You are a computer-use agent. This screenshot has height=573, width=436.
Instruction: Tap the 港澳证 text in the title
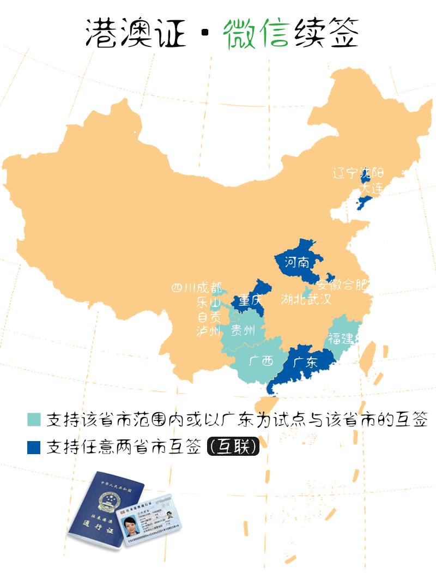pyautogui.click(x=136, y=34)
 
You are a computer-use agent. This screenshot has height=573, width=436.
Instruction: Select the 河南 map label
pyautogui.click(x=296, y=264)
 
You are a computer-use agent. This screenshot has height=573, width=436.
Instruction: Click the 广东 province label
pyautogui.click(x=305, y=363)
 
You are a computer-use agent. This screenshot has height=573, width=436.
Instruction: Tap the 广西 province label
pyautogui.click(x=261, y=360)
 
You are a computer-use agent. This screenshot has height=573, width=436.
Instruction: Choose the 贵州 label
pyautogui.click(x=243, y=330)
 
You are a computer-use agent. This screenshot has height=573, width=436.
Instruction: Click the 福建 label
pyautogui.click(x=341, y=338)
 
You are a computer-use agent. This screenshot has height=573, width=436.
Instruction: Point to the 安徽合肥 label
pyautogui.click(x=343, y=285)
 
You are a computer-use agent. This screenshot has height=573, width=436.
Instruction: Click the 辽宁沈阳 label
pyautogui.click(x=358, y=173)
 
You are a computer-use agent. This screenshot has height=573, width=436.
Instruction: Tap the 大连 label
pyautogui.click(x=372, y=188)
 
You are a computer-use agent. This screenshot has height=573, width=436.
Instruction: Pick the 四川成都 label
pyautogui.click(x=196, y=288)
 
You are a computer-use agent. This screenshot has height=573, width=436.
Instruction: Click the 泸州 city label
pyautogui.click(x=208, y=331)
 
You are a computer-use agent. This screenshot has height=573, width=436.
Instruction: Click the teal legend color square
pyautogui.click(x=34, y=420)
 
